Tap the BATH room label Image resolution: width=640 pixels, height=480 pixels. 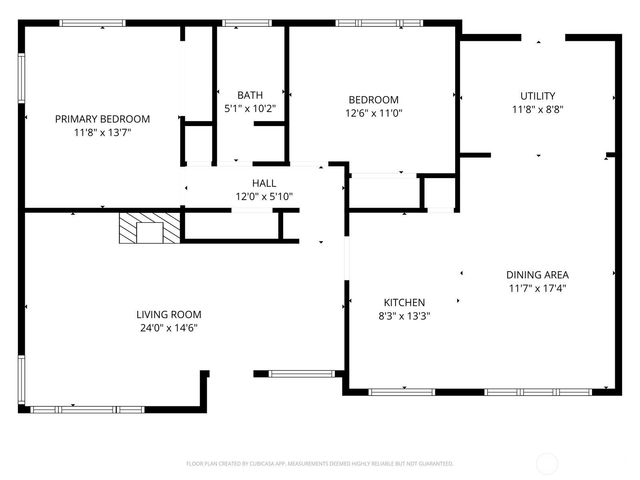coord(250,95)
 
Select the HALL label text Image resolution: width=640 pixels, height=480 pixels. coord(264,183)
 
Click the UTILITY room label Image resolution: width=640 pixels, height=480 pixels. coord(537,96)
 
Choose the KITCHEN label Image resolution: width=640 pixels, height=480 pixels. coord(405,303)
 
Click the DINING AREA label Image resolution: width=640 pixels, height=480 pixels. coord(537,274)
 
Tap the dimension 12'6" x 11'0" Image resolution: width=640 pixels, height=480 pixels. coord(373,113)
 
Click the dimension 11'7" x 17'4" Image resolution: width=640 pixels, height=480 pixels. coord(537,288)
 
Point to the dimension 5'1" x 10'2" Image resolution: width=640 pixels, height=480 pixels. coord(250,109)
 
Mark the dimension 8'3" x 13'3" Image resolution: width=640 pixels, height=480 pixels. coord(405,317)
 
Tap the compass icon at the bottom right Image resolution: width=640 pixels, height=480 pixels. coord(548,463)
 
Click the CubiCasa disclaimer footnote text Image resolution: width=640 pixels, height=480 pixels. coord(320,464)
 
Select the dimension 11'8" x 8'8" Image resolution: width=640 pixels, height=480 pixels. coord(537,110)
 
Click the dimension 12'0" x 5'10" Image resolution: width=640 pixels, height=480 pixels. coord(264,197)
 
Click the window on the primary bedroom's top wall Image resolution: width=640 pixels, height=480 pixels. coord(92,23)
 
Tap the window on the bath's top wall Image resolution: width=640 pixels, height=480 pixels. coord(239,23)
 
